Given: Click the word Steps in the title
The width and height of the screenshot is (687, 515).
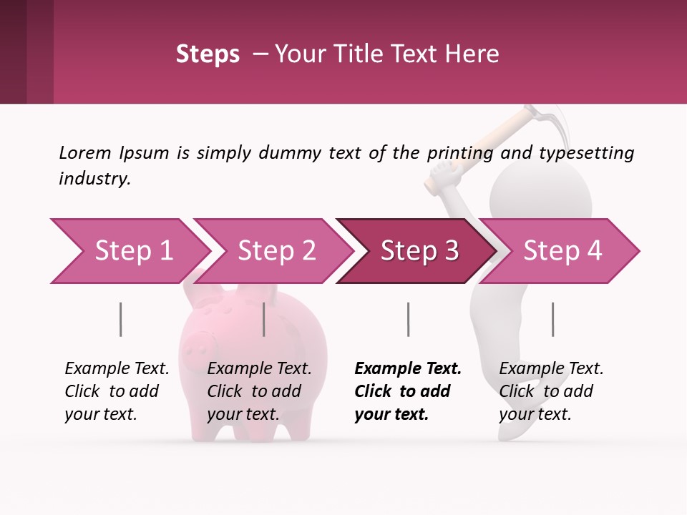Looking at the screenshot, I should tap(208, 54).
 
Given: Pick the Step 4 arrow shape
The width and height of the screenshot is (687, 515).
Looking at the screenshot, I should tap(562, 251).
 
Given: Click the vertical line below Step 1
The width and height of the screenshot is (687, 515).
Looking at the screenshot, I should tap(120, 319).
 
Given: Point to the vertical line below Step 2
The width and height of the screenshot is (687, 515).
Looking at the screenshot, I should tap(264, 319).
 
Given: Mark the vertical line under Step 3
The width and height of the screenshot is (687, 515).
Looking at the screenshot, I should tap(408, 319).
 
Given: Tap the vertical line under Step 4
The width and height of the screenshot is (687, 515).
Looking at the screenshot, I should tap(552, 319).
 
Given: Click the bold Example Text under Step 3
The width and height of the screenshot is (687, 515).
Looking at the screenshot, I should tap(408, 369).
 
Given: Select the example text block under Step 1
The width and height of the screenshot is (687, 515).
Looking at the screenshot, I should tap(117, 391).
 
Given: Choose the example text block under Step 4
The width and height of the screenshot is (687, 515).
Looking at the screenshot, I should tap(551, 391).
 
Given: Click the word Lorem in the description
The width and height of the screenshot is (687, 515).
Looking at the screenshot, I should tap(85, 153).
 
